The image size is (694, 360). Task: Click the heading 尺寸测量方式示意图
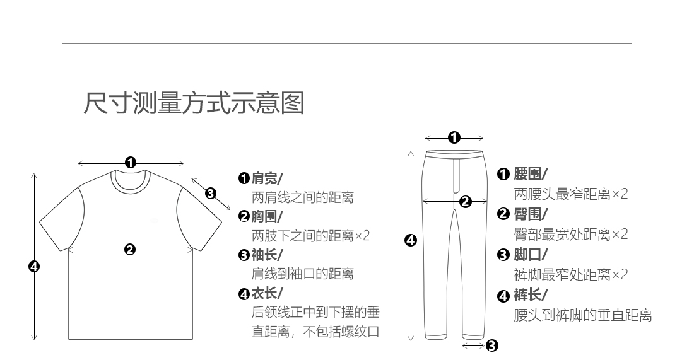(194, 103)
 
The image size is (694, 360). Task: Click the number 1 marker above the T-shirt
(131, 163)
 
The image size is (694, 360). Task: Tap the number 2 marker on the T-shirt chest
(130, 250)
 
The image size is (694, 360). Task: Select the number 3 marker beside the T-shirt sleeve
(211, 193)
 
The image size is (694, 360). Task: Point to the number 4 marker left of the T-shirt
(34, 267)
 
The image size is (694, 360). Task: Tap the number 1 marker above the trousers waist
(454, 137)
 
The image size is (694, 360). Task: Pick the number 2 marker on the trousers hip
(465, 202)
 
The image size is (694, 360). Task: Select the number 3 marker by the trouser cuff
(492, 345)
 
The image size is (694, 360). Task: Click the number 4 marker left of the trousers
(410, 240)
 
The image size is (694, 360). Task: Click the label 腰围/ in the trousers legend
(531, 174)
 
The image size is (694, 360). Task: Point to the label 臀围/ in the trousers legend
(531, 214)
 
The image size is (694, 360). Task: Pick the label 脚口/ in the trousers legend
(531, 255)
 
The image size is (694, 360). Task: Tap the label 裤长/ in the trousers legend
(531, 295)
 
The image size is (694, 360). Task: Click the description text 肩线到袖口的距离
(302, 274)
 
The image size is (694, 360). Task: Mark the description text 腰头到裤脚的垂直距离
(583, 315)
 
